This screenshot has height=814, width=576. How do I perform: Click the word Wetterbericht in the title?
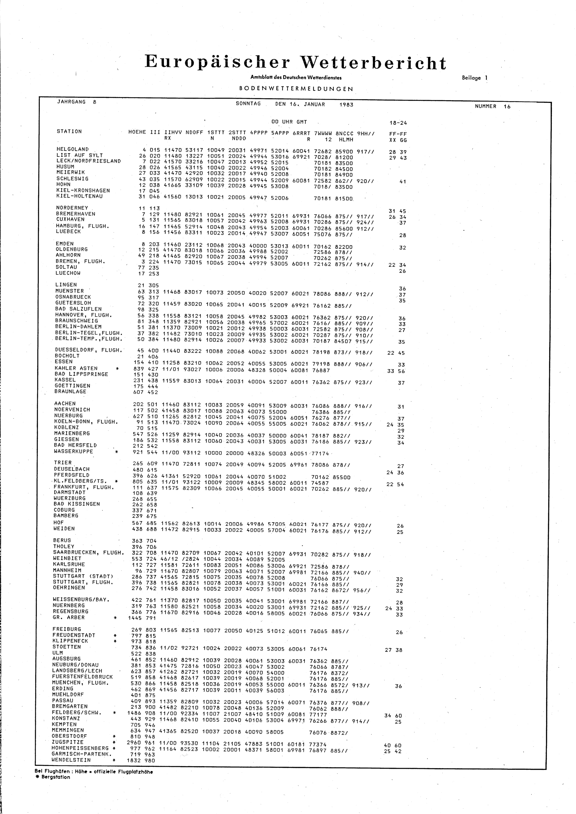[373, 63]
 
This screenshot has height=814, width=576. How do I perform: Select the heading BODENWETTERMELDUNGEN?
[296, 89]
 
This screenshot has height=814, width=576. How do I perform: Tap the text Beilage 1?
[473, 78]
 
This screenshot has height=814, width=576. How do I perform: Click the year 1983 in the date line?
[346, 105]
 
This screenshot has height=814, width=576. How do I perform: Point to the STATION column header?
[69, 132]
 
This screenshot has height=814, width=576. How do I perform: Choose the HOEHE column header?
[137, 132]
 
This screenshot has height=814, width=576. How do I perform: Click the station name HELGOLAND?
[72, 149]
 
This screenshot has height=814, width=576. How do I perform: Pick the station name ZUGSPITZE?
[68, 742]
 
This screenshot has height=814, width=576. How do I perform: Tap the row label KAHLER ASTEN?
[76, 368]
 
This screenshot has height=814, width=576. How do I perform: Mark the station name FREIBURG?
[67, 629]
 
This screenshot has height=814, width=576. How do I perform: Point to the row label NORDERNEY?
[72, 208]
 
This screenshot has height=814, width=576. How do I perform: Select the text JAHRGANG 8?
[76, 102]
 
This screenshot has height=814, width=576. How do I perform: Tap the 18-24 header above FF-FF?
[398, 123]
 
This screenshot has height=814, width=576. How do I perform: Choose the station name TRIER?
[62, 463]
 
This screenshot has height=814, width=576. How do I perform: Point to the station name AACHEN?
[65, 403]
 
